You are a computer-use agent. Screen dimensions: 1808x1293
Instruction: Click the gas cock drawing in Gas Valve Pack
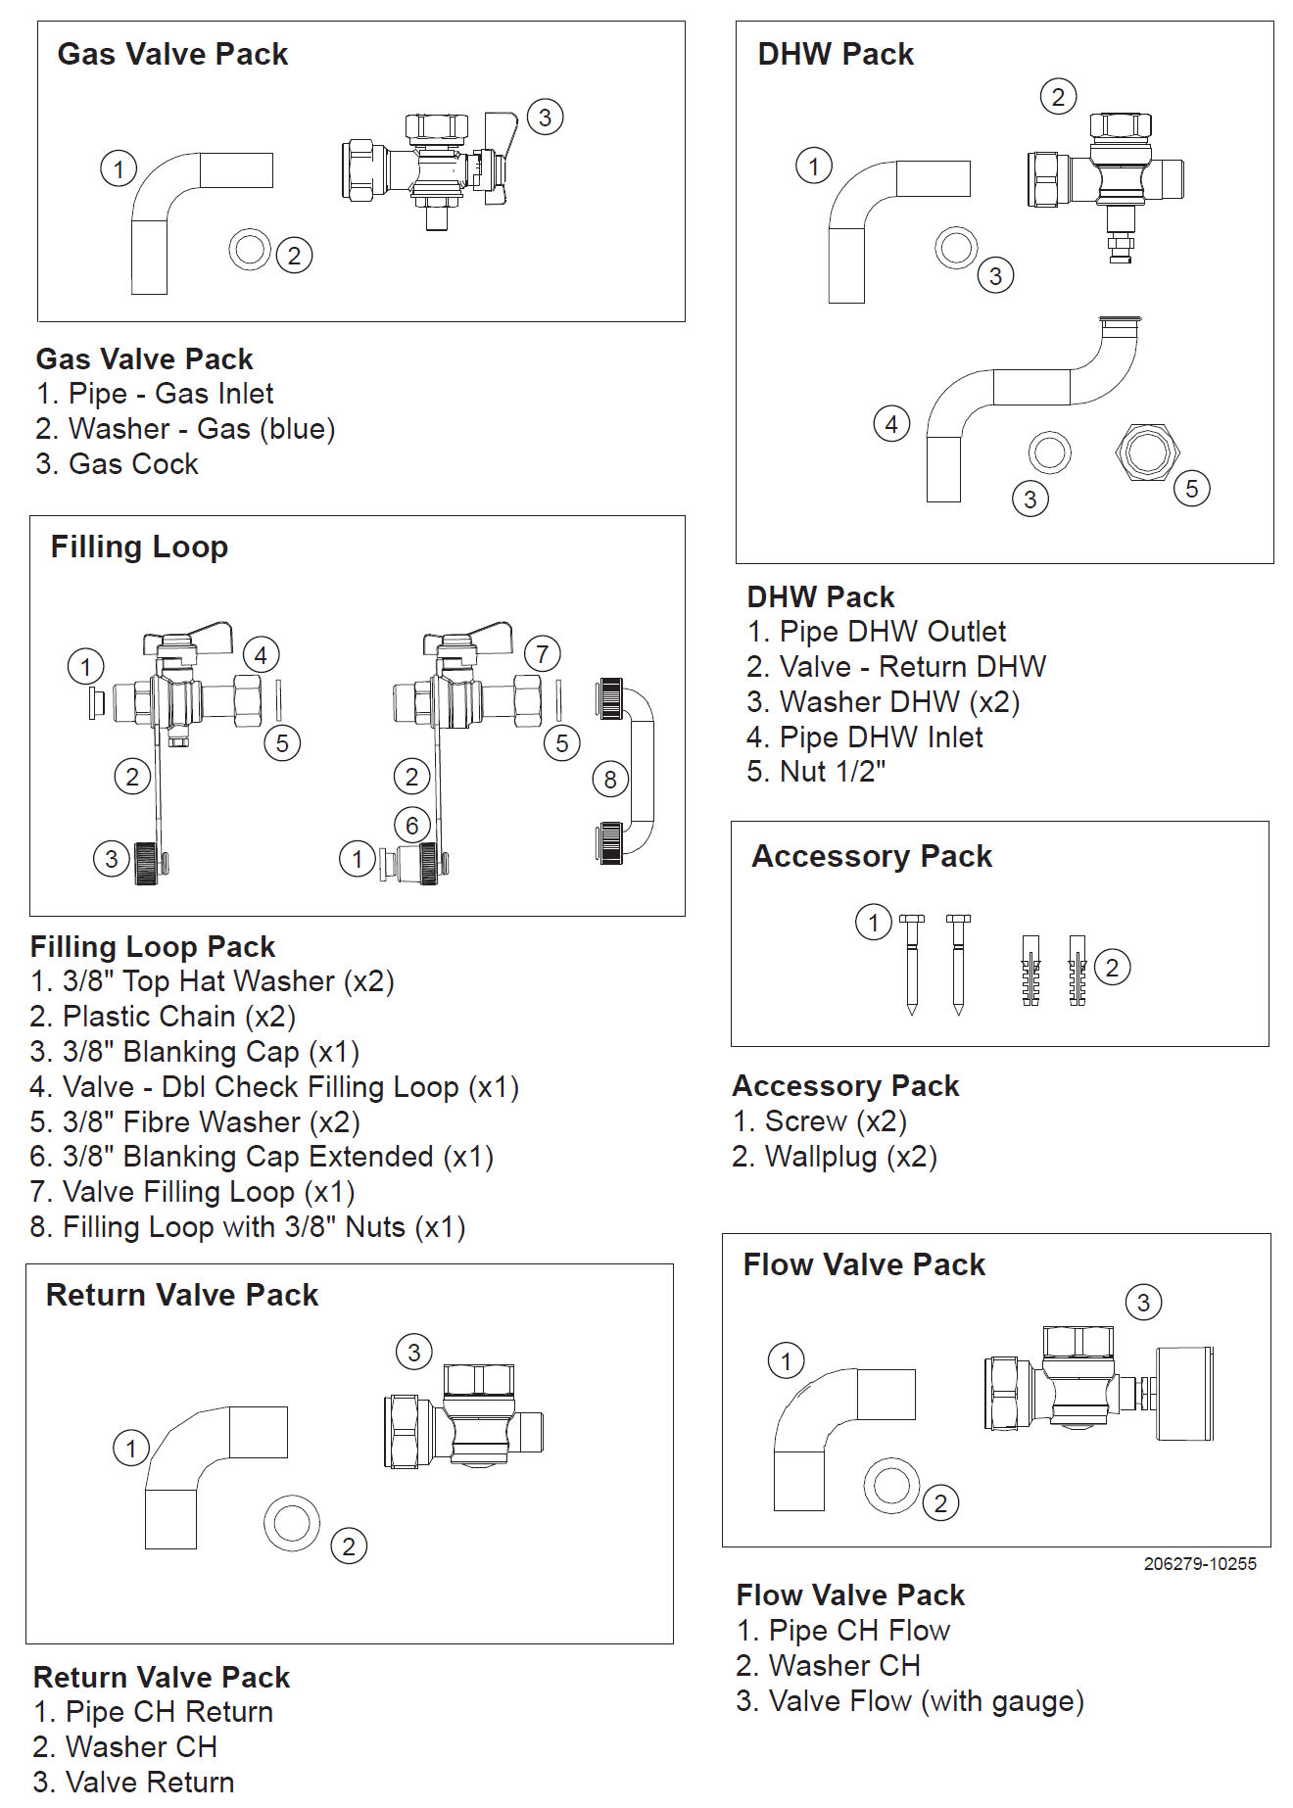[429, 167]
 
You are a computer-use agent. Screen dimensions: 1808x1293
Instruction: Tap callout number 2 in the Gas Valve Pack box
[294, 256]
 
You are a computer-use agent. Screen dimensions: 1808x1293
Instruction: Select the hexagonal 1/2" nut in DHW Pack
[1146, 452]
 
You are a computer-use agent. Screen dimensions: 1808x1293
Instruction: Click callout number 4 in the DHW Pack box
[891, 424]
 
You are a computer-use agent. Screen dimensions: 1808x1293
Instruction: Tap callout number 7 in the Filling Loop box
[542, 653]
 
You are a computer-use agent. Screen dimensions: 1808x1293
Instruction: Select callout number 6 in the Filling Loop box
[412, 825]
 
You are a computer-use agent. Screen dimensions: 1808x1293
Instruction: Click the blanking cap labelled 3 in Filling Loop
[148, 861]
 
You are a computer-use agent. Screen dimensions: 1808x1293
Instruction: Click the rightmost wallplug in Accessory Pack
[1077, 970]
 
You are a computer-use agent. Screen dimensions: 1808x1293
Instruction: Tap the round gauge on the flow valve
[1184, 1393]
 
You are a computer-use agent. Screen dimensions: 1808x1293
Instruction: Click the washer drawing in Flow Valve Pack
[890, 1485]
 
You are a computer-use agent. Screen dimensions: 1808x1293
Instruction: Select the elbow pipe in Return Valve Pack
[206, 1469]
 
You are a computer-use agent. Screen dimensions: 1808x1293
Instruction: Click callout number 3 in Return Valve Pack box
[413, 1353]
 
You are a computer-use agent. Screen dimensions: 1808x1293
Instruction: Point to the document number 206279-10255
[1199, 1564]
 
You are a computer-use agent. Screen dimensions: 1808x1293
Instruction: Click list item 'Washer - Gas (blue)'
[186, 429]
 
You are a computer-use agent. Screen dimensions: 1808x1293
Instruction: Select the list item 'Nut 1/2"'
[816, 772]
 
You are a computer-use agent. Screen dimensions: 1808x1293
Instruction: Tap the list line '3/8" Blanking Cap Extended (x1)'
[262, 1157]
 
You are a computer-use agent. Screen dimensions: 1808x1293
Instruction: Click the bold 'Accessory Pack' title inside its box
[872, 856]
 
